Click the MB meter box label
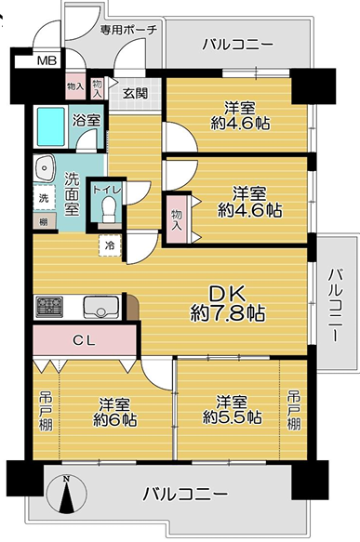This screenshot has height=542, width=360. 47,60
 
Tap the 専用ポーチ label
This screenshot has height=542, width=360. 128,30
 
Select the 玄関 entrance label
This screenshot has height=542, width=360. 135,93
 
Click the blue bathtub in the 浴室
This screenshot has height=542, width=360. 51,126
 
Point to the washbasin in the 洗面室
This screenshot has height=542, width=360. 45,168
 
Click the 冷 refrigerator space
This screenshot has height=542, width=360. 110,245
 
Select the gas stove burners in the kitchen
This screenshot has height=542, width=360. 49,307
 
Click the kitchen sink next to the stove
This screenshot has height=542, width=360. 100,307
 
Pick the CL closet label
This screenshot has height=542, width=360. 84,341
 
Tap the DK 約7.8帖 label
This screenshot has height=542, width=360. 228,303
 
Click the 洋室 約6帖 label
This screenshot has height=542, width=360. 115,412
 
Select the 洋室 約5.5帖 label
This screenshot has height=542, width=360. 232,410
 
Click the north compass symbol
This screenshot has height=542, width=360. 66,495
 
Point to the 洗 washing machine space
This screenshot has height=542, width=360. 44,198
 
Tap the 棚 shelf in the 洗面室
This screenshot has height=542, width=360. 44,221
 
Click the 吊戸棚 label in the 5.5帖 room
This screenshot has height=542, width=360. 294,410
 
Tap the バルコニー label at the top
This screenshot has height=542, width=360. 238,45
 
